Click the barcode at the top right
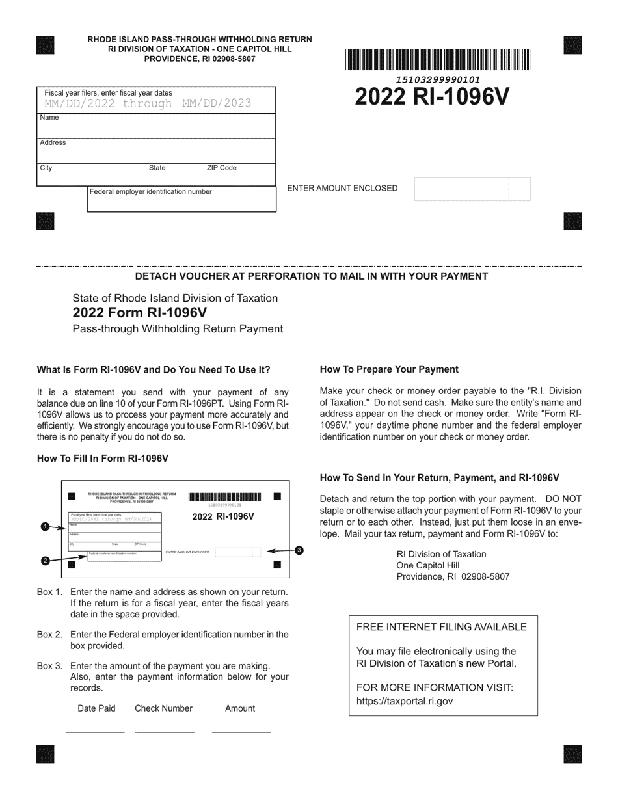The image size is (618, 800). click(x=438, y=60)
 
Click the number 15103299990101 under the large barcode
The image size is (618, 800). click(x=438, y=79)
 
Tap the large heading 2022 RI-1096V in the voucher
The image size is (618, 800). click(x=432, y=96)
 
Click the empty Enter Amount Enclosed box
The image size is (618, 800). click(x=472, y=189)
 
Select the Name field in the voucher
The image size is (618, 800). click(x=156, y=126)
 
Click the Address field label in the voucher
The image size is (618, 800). click(x=53, y=142)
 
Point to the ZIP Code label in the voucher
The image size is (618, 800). click(x=221, y=168)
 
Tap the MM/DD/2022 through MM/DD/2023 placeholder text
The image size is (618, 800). click(x=148, y=103)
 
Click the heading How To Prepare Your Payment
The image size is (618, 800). click(x=389, y=369)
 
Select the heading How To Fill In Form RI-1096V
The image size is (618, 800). click(x=103, y=459)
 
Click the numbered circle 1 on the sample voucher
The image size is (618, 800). click(x=45, y=526)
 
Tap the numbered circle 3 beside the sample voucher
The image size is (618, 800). click(x=299, y=550)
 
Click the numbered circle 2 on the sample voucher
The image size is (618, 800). click(x=45, y=561)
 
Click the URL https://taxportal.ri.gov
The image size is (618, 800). click(x=404, y=701)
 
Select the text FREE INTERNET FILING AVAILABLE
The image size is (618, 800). click(x=441, y=627)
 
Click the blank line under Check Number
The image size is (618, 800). click(x=165, y=732)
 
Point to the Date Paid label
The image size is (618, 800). click(x=96, y=708)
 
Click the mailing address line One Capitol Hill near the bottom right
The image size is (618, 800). click(x=427, y=565)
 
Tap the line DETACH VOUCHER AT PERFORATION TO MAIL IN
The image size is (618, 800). click(x=311, y=276)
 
